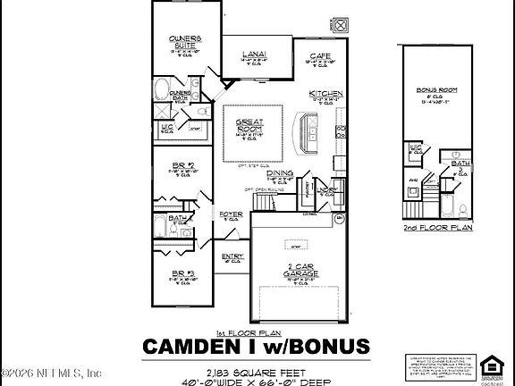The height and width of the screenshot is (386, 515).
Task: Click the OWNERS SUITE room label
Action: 184,41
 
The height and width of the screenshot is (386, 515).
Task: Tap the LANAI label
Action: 253,55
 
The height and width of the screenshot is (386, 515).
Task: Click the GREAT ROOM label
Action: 248,126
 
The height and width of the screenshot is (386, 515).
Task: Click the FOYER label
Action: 231,214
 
